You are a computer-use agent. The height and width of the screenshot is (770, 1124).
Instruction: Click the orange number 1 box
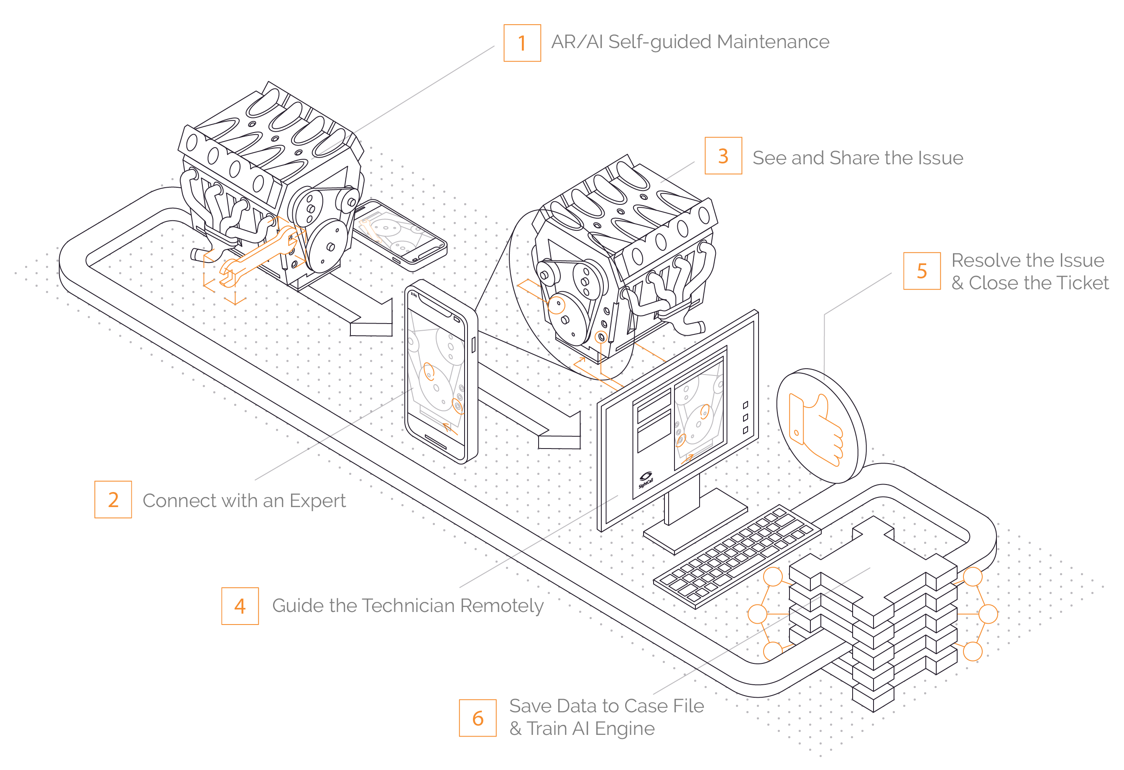[522, 43]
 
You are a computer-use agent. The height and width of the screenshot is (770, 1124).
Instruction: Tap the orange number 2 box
[112, 499]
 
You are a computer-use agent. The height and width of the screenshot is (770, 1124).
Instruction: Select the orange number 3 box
[723, 156]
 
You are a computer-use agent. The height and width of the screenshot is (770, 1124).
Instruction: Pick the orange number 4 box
[240, 606]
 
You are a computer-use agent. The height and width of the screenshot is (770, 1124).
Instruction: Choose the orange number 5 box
[922, 271]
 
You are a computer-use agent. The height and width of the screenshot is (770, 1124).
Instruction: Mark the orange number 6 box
[478, 718]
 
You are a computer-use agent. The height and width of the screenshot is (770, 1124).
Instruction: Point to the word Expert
[317, 501]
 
